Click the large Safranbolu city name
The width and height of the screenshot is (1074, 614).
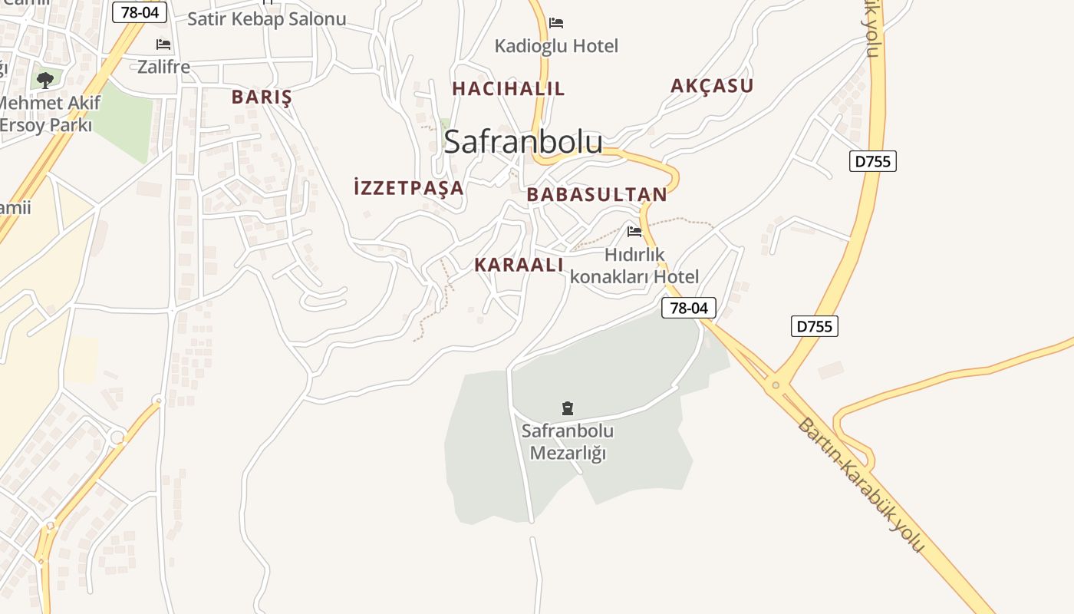523,142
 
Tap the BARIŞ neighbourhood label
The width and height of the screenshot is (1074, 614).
262,97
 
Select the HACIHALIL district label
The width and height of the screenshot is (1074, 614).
509,89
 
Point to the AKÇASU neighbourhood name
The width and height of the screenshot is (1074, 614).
712,86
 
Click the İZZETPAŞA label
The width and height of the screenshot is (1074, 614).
409,187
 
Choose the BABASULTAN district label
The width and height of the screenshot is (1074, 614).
597,195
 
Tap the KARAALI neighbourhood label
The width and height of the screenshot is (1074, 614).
519,265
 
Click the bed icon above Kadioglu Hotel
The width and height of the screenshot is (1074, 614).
556,23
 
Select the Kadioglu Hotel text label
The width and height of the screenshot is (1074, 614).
556,46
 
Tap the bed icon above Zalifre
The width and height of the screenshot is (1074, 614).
163,45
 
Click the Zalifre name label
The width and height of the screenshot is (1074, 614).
163,67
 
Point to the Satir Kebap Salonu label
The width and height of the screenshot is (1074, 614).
267,19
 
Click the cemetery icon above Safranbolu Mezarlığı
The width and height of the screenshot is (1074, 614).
568,408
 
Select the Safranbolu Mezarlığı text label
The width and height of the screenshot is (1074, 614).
568,442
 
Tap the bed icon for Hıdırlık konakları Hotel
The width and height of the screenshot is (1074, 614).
634,231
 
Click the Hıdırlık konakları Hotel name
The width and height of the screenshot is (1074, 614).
634,266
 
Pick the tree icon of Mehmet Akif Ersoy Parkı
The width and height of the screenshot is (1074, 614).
45,79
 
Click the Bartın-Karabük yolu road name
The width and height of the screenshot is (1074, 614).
860,485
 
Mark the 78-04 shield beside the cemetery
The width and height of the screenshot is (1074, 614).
689,308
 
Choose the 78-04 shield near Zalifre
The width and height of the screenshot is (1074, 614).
140,12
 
